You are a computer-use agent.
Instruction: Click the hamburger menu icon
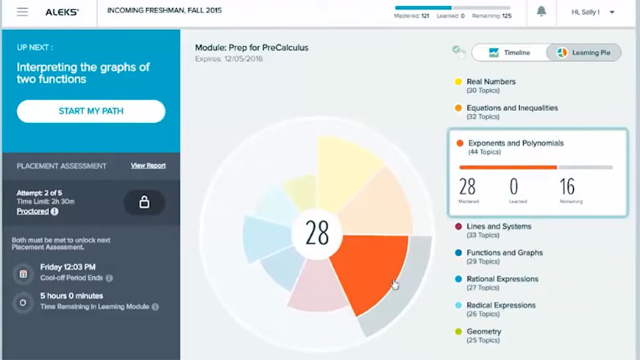[x=22, y=12]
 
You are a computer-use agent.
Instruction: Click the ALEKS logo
[x=62, y=12]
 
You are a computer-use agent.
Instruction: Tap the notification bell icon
[x=541, y=12]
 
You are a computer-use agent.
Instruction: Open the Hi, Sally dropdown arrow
[x=612, y=13]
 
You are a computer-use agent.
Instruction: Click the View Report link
[x=148, y=166]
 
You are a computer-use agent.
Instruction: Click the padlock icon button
[x=144, y=202]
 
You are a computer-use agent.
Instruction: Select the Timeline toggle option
[x=511, y=53]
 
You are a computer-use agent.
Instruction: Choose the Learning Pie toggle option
[x=584, y=53]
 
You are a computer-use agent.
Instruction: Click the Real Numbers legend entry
[x=491, y=82]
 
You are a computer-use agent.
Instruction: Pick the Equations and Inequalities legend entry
[x=511, y=108]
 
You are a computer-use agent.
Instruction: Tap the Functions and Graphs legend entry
[x=504, y=253]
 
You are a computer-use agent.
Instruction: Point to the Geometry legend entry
[x=483, y=331]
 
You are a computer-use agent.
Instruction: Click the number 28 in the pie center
[x=317, y=233]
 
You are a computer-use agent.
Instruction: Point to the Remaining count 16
[x=567, y=187]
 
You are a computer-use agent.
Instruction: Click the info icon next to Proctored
[x=54, y=211]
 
